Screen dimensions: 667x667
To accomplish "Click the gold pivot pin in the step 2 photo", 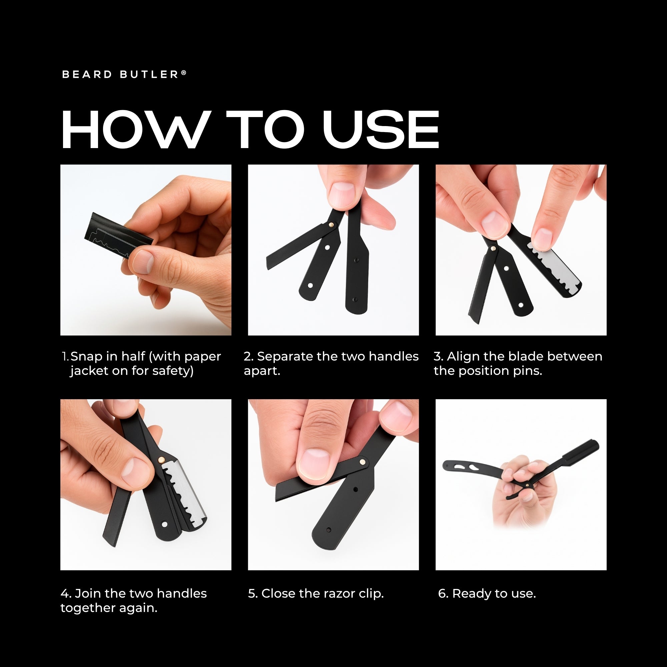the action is click(x=331, y=224).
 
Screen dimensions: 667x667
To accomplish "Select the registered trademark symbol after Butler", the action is click(x=184, y=73).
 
